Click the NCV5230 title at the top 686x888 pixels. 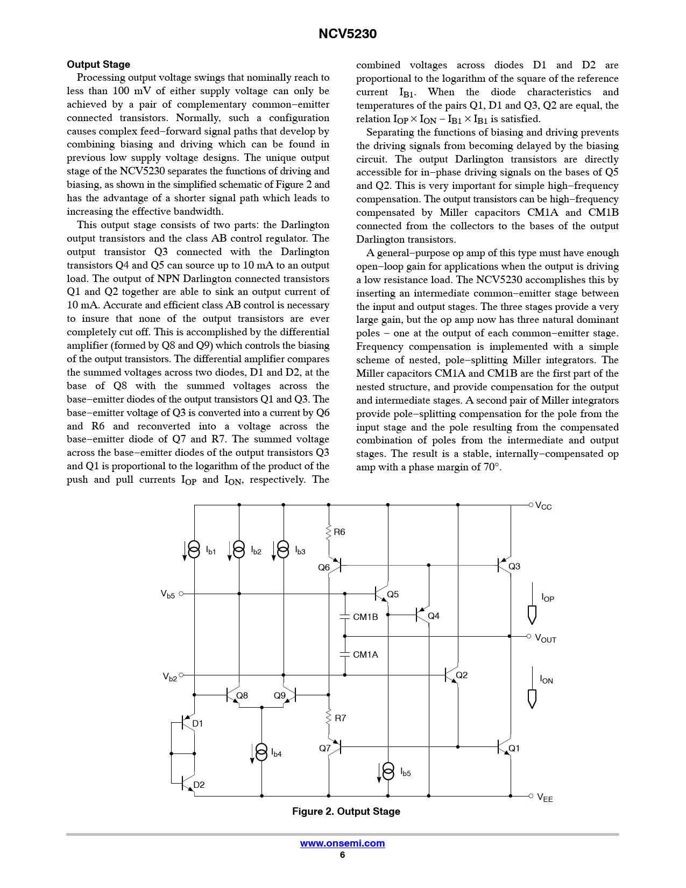coord(348,34)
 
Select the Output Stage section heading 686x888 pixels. coord(98,65)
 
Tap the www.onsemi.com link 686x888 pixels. coord(342,843)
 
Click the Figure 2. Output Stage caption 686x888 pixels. coord(346,812)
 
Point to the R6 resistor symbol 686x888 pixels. coord(329,532)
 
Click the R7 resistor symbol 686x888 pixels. coord(329,718)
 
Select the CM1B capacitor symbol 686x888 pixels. coord(345,617)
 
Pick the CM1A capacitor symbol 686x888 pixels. coord(345,654)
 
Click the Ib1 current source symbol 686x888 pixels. coord(194,549)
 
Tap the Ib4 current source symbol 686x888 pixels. coord(261,752)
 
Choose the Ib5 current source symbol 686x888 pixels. coord(388,771)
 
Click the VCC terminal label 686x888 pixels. coord(543,506)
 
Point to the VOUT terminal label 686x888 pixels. coord(545,638)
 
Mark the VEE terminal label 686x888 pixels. coord(544,798)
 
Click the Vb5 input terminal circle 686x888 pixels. coord(181,594)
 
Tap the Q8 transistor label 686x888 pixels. coord(243,695)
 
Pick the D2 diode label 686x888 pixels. coord(199,785)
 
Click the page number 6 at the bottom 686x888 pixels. coord(342,855)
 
